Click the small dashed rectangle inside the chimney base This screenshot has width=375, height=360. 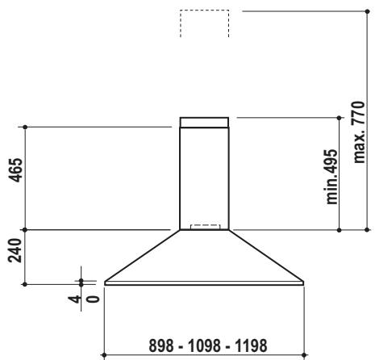(204, 227)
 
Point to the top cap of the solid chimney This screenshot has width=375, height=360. (204, 123)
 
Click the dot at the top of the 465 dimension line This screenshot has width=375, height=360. (27, 127)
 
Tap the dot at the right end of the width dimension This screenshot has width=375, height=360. (304, 353)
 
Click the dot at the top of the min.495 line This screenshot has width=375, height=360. (339, 117)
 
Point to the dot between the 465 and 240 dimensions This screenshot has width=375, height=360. (27, 230)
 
